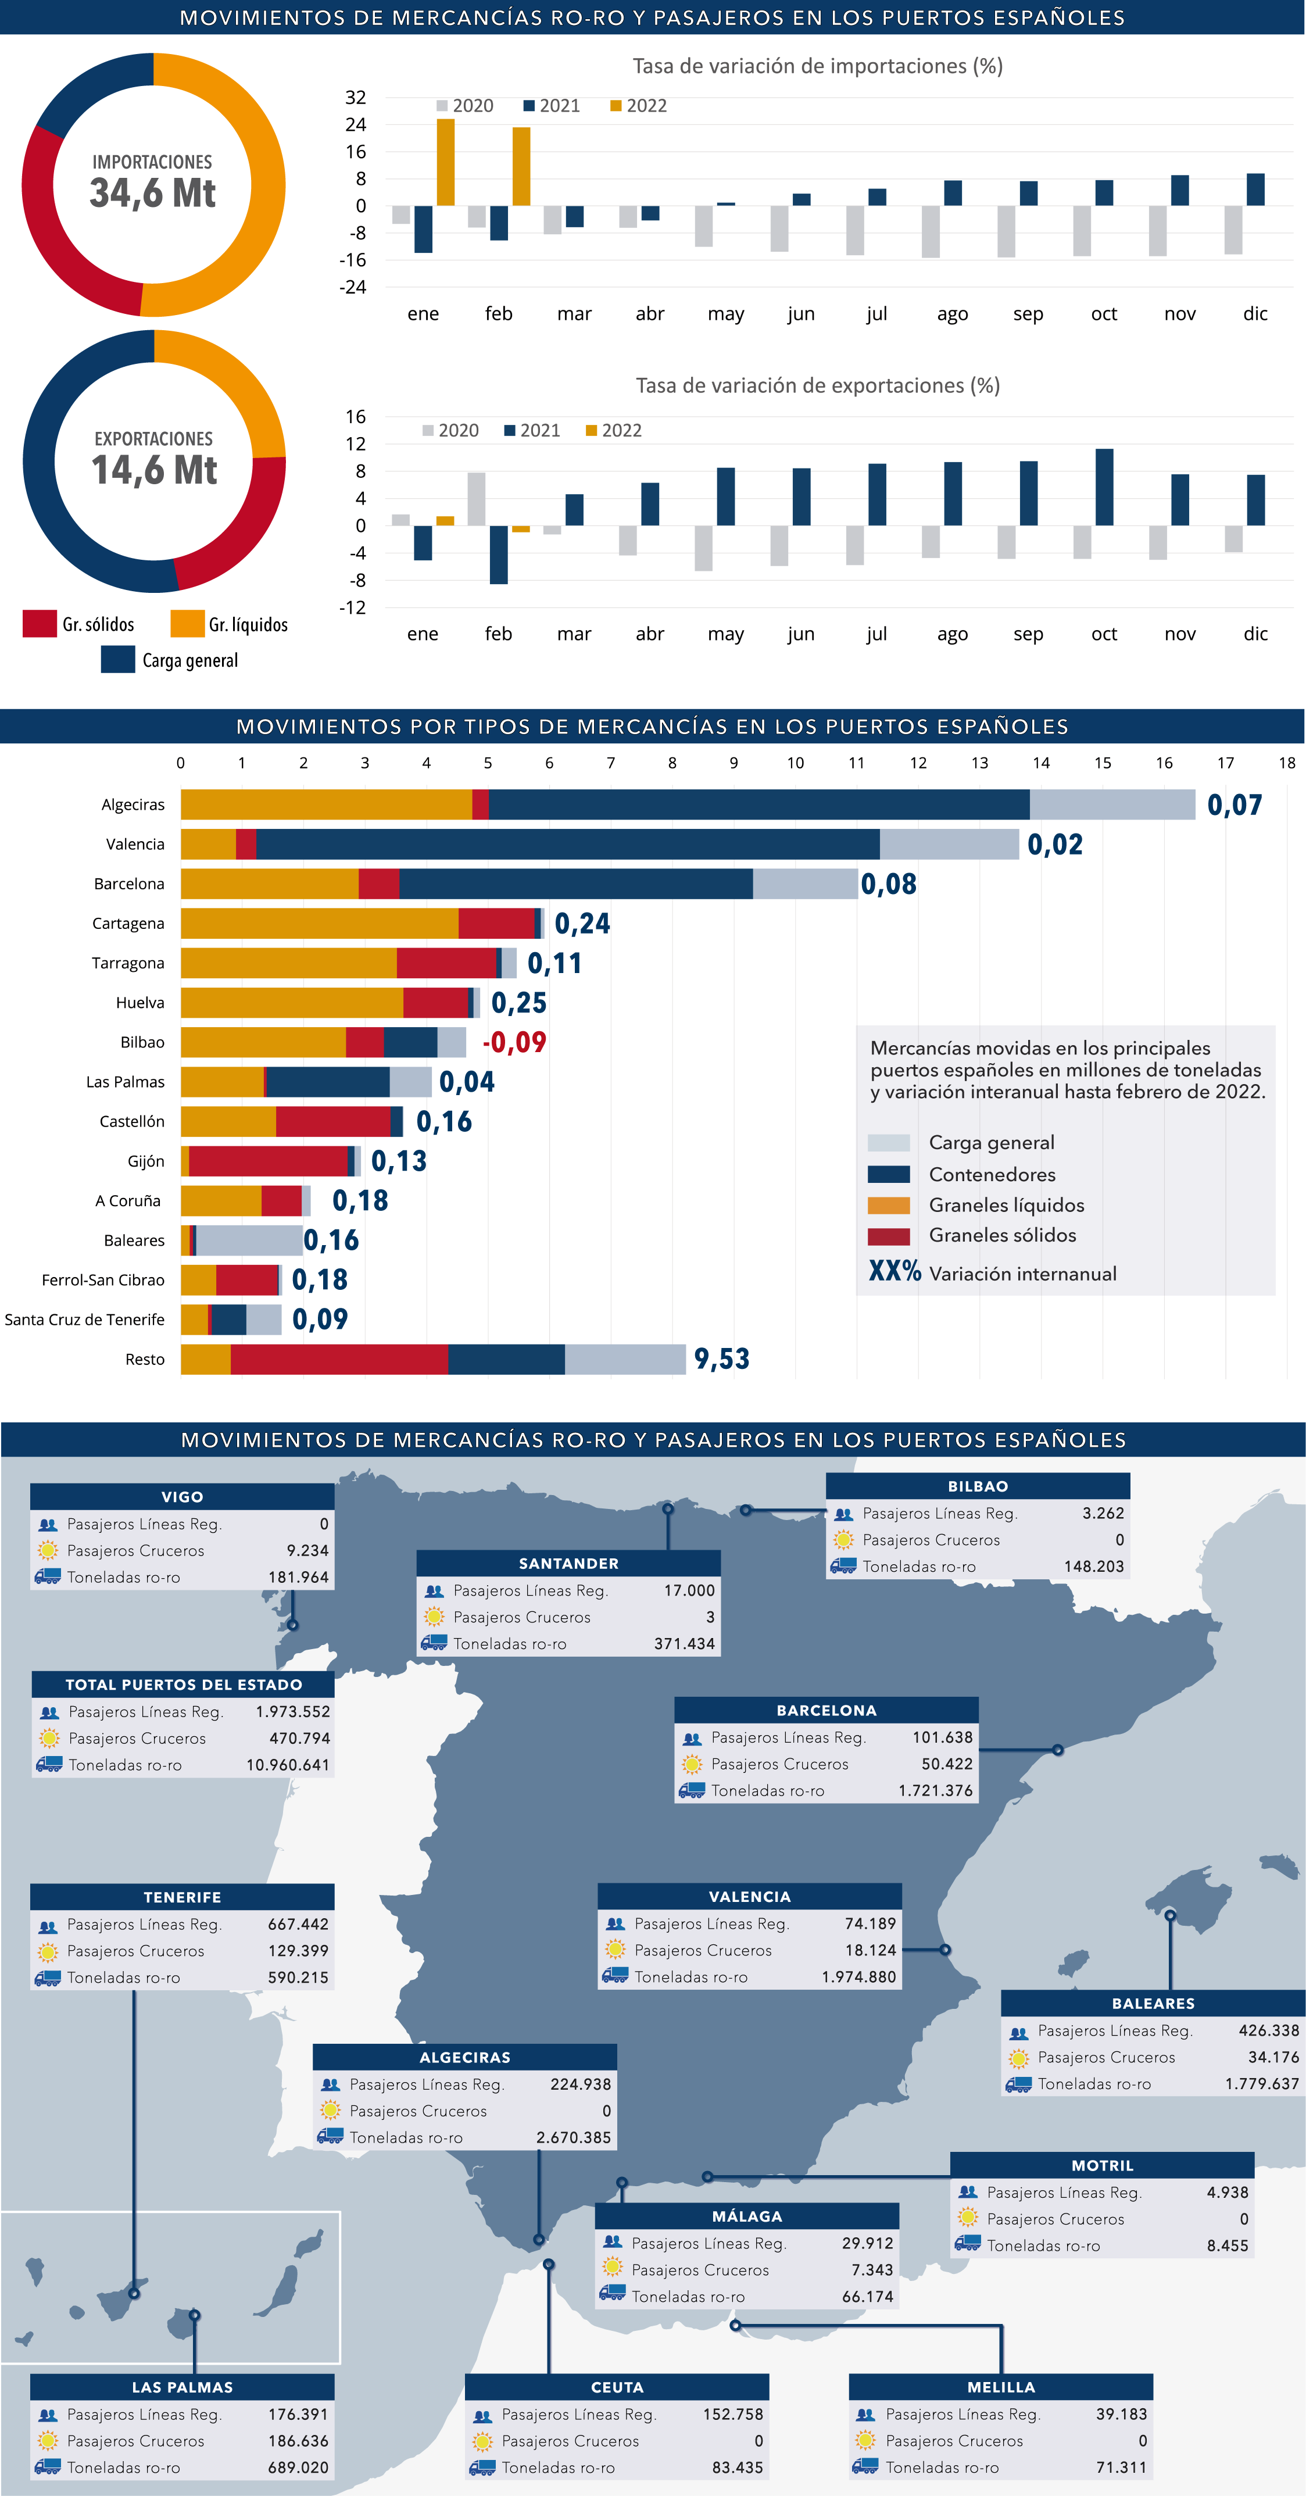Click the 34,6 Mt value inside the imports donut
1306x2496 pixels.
pyautogui.click(x=153, y=193)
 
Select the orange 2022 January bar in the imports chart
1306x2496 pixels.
pyautogui.click(x=446, y=162)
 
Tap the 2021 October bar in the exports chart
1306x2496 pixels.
pyautogui.click(x=1104, y=487)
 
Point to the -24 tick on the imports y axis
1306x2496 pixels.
pyautogui.click(x=353, y=287)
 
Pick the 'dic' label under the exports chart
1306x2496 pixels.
pyautogui.click(x=1255, y=634)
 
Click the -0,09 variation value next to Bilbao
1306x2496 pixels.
pyautogui.click(x=514, y=1043)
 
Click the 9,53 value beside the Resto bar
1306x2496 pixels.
pyautogui.click(x=722, y=1360)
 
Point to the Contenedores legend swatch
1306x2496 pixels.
pyautogui.click(x=889, y=1174)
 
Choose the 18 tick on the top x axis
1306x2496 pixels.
pyautogui.click(x=1287, y=763)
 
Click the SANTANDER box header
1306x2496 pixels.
pyautogui.click(x=568, y=1564)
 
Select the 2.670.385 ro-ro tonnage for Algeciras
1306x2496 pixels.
pyautogui.click(x=574, y=2137)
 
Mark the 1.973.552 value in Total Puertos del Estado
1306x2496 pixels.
pyautogui.click(x=292, y=1712)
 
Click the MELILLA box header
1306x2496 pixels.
pyautogui.click(x=1001, y=2387)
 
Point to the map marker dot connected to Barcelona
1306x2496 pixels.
pyautogui.click(x=1058, y=1750)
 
